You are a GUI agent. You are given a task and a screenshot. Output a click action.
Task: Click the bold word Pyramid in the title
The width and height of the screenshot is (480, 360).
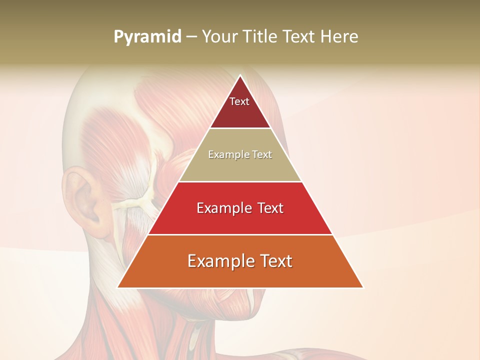147,37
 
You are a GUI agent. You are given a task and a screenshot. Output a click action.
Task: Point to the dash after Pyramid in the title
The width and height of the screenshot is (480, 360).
191,37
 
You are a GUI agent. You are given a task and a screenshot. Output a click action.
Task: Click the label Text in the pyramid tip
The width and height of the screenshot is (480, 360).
239,101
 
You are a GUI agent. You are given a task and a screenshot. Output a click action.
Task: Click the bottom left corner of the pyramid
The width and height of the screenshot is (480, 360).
118,287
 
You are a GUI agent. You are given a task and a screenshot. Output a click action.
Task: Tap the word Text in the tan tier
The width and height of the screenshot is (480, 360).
262,154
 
